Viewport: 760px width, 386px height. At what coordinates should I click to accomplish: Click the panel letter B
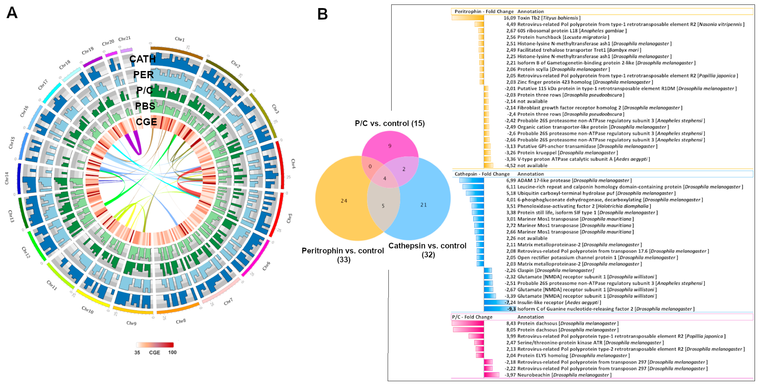point(322,14)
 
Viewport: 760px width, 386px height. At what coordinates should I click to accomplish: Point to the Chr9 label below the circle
point(131,323)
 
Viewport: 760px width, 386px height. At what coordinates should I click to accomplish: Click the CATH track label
point(143,59)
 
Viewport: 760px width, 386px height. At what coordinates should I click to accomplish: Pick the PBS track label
point(145,106)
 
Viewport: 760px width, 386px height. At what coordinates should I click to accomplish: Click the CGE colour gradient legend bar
point(155,345)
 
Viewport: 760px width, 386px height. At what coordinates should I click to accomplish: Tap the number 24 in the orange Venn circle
point(344,201)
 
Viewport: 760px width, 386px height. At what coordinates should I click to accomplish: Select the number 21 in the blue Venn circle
point(423,205)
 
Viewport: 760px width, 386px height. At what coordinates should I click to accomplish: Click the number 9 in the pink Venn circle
point(390,146)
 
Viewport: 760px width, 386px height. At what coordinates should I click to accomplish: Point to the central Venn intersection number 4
point(385,178)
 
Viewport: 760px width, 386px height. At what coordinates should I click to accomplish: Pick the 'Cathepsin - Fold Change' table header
point(482,174)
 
